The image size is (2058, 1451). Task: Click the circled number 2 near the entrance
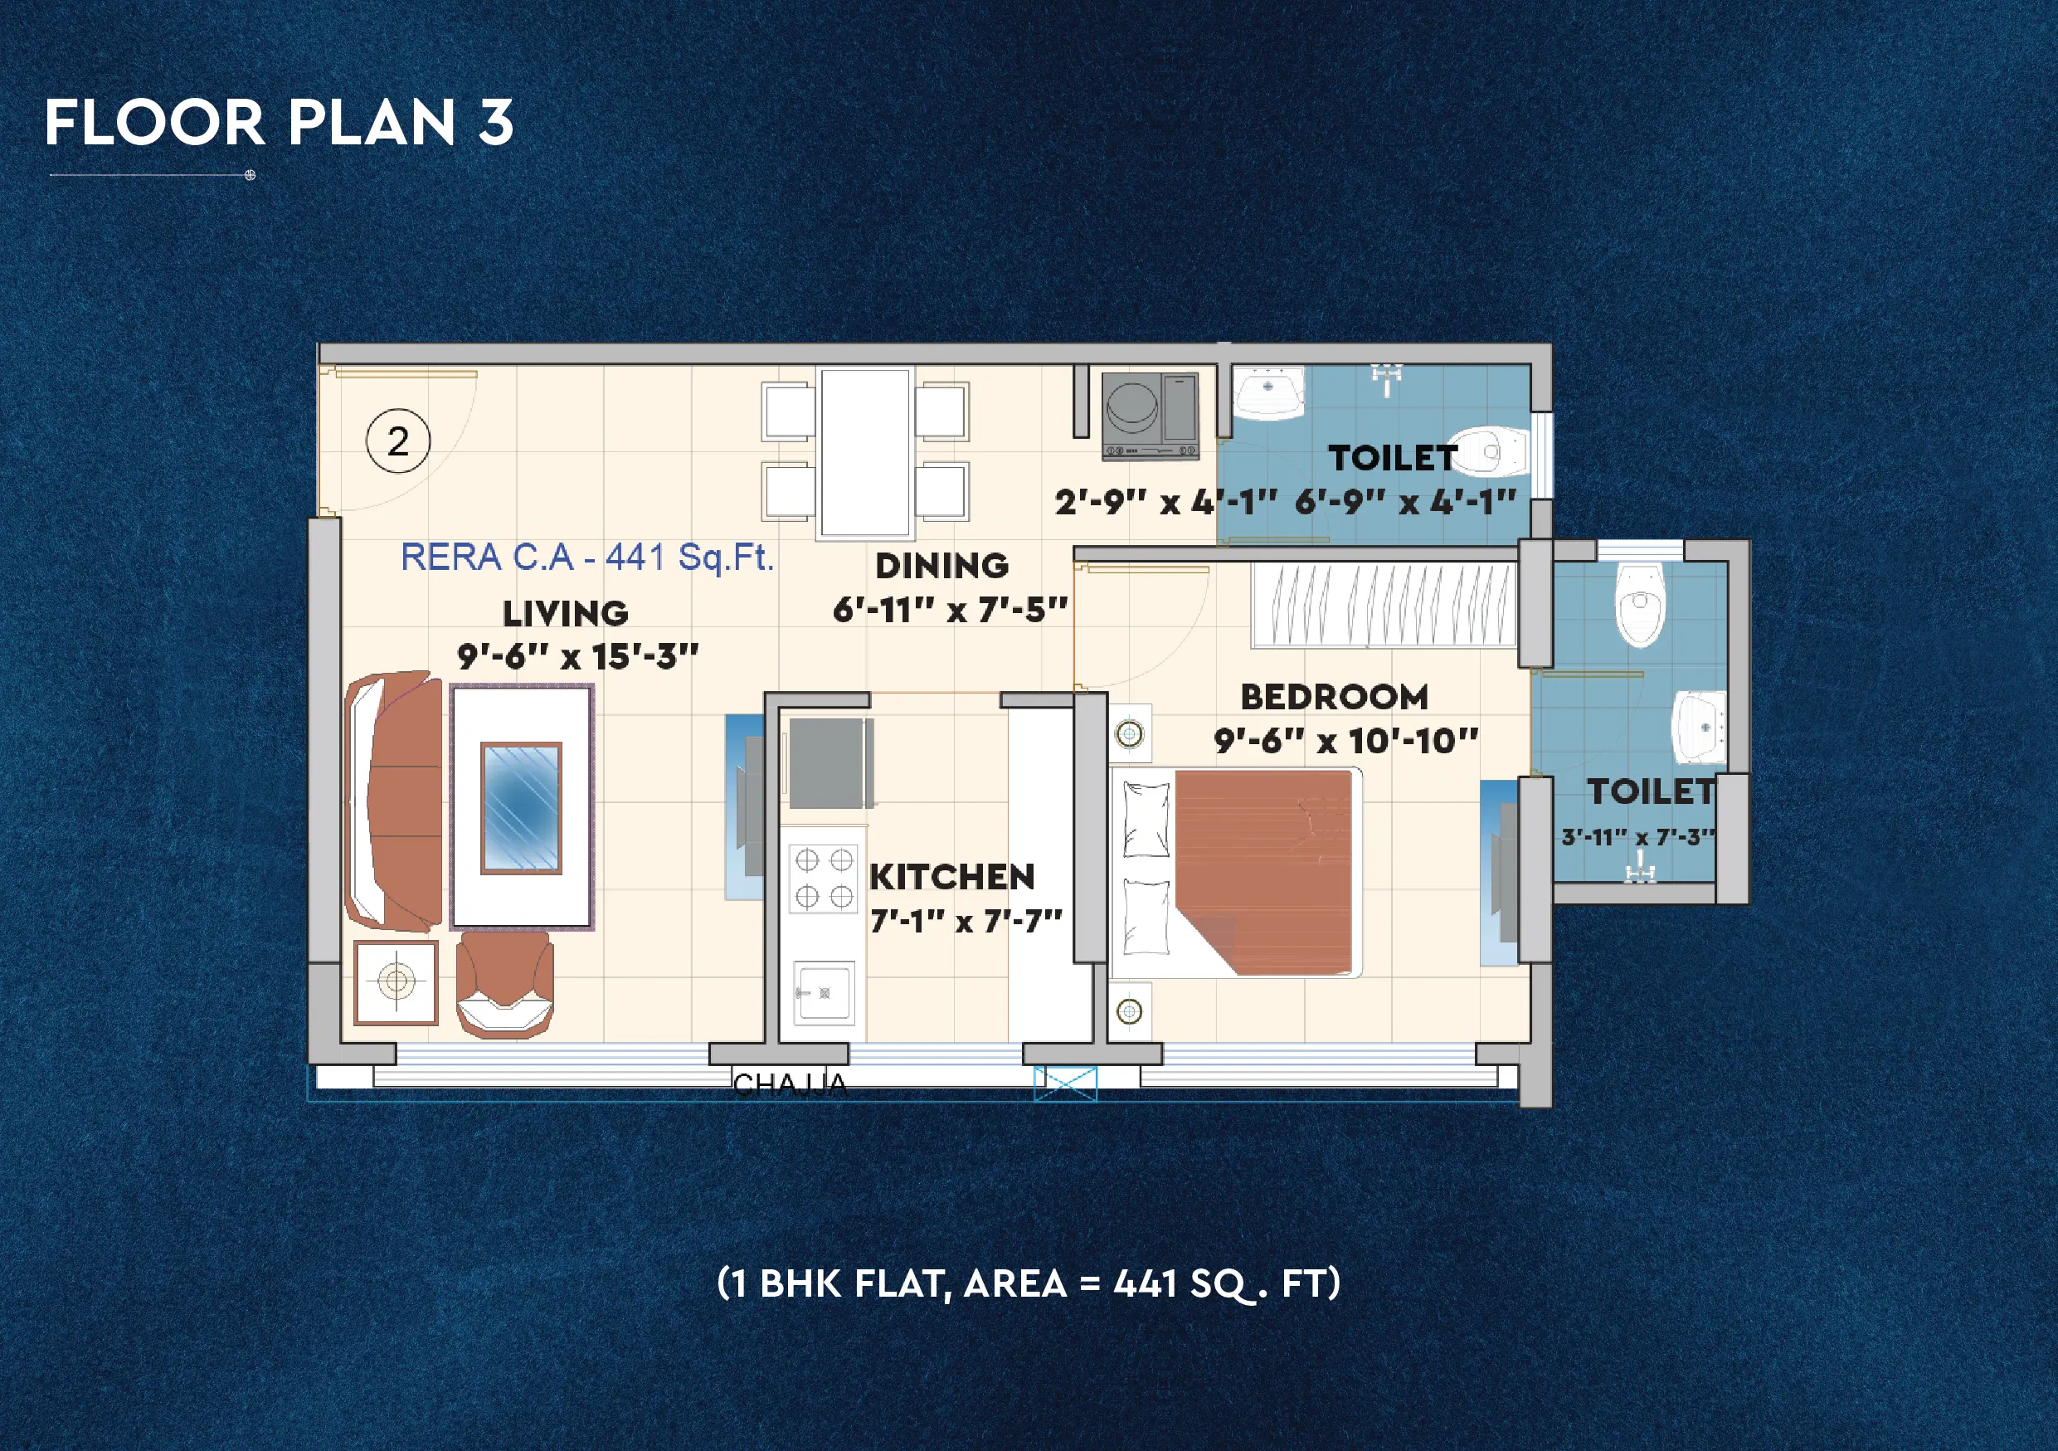398,441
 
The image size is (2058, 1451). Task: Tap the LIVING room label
565,614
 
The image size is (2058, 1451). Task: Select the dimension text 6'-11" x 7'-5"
949,611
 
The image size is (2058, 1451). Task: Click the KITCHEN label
952,877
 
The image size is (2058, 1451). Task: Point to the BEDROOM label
1334,696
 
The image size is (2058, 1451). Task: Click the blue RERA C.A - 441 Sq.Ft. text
586,558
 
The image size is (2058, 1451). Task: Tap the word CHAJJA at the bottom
789,1085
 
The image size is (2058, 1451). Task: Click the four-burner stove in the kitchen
823,879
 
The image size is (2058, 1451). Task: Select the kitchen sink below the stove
824,992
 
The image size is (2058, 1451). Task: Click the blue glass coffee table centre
521,807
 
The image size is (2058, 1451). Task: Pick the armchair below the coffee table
504,986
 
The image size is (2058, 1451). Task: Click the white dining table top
865,453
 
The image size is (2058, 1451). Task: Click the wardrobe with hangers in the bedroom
1383,605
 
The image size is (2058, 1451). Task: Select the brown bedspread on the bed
1264,869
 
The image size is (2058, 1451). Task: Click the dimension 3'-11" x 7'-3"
1637,837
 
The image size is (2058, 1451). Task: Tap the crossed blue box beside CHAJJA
1065,1083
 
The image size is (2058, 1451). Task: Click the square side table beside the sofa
396,982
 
